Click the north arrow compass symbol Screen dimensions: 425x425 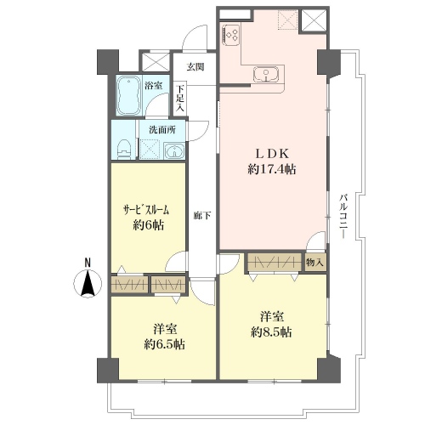coord(88,283)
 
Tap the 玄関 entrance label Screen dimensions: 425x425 coord(195,67)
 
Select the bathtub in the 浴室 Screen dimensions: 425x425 coord(129,95)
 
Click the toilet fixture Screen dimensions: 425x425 coord(124,149)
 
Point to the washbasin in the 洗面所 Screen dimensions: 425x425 coord(174,150)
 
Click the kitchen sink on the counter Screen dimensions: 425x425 coord(266,74)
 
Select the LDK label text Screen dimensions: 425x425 coord(272,154)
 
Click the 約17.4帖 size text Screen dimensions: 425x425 coord(272,169)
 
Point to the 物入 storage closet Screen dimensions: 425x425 coord(315,263)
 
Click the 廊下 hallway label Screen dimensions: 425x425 coord(201,216)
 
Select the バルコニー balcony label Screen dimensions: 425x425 coord(343,216)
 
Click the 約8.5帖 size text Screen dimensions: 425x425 coord(271,331)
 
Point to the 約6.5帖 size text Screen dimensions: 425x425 coord(164,344)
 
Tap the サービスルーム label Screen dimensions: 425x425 coord(146,210)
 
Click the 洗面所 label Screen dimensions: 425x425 coord(162,130)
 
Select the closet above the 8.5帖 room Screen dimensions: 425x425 coord(275,262)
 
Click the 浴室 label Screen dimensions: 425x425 coord(153,85)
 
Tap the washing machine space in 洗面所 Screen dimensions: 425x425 coord(150,149)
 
